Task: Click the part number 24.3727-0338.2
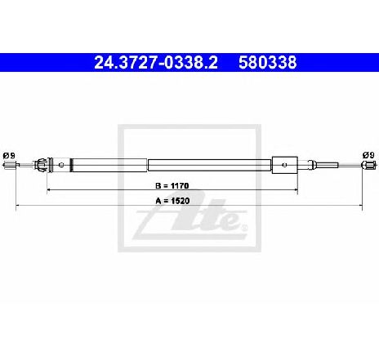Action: [156, 63]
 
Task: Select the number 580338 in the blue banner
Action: [268, 63]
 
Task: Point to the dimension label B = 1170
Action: [172, 185]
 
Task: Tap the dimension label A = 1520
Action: [172, 201]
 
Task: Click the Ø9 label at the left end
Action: [9, 156]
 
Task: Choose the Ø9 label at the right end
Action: [368, 155]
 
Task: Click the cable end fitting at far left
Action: [10, 165]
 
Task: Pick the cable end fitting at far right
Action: [370, 165]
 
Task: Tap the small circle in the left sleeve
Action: [61, 165]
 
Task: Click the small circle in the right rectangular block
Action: [285, 165]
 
